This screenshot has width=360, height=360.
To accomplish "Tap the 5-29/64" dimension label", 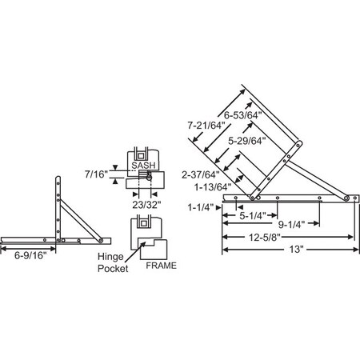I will [247, 142].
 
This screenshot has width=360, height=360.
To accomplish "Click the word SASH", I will [145, 162].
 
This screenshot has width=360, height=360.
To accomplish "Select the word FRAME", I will [161, 265].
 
